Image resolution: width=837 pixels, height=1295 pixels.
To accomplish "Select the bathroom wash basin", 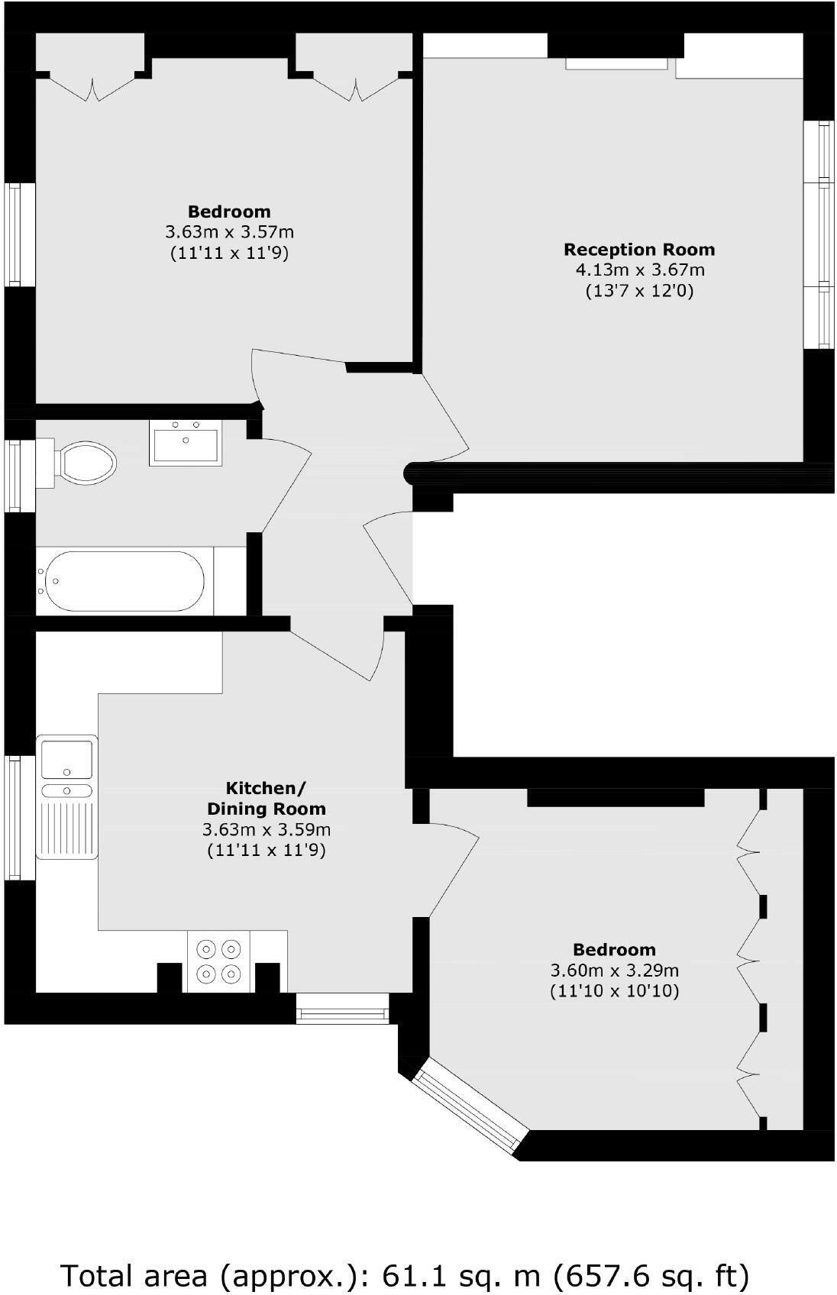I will tap(186, 444).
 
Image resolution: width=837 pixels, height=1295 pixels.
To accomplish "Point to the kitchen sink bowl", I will tap(66, 759).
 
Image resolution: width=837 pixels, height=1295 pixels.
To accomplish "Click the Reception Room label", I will tap(639, 250).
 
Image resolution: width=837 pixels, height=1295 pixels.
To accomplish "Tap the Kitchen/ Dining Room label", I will tap(267, 798).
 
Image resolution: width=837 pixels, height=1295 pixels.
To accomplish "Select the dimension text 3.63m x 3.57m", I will tap(229, 231).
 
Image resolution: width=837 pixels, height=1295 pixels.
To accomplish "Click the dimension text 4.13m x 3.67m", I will tap(639, 270).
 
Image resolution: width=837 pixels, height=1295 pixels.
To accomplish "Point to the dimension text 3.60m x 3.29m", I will tap(614, 970).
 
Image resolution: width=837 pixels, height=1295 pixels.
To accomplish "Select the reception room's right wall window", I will tap(823, 234).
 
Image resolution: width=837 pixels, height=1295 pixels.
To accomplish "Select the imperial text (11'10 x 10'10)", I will tap(614, 991).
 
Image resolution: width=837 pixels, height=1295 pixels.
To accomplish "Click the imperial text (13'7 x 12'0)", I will tap(639, 290).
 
